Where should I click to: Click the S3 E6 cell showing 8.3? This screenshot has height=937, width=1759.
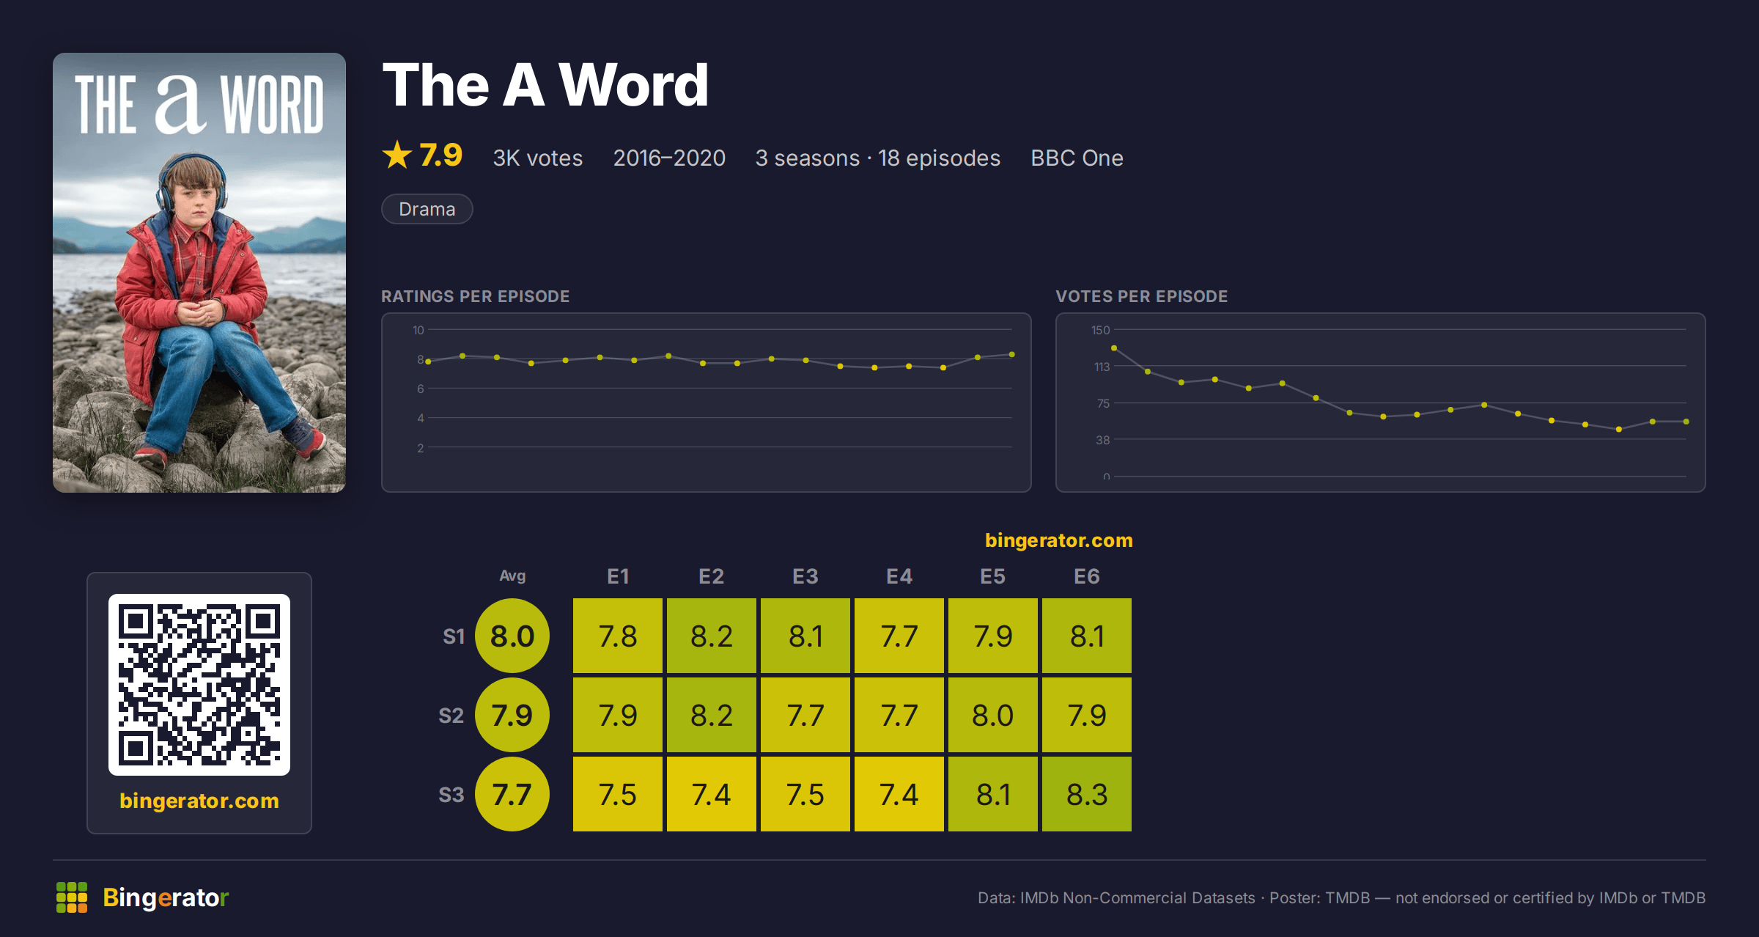coord(1087,794)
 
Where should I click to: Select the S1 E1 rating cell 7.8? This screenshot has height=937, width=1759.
coord(618,636)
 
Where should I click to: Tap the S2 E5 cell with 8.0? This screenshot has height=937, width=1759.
coord(993,715)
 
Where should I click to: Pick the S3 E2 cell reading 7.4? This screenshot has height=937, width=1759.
coord(712,794)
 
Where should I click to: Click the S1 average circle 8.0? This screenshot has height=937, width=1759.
coord(512,636)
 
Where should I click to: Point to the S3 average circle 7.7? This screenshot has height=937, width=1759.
coord(512,794)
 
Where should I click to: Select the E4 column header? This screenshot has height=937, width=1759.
coord(899,576)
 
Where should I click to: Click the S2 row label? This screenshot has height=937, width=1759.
coord(451,716)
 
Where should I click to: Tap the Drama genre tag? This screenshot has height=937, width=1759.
coord(427,209)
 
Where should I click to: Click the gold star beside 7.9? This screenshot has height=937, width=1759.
coord(397,155)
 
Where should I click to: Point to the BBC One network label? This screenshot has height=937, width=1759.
coord(1077,158)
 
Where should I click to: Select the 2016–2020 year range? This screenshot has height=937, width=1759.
coord(669,158)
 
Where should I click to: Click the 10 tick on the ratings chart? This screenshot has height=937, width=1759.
coord(418,330)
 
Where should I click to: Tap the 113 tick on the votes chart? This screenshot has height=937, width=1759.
coord(1102,367)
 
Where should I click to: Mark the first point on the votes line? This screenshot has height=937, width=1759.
coord(1114,348)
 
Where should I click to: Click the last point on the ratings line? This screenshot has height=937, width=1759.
coord(1012,355)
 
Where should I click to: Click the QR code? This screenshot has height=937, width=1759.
coord(199,685)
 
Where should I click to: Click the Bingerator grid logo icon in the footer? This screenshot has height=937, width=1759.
coord(72,897)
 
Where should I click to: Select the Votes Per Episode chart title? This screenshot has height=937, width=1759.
coord(1141,296)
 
